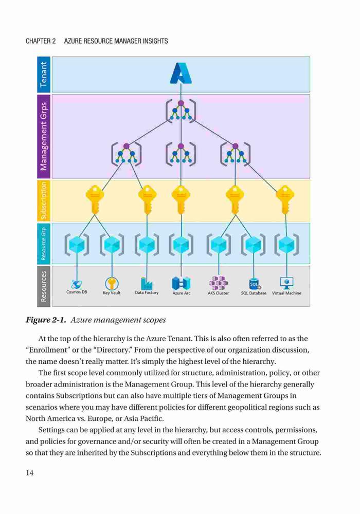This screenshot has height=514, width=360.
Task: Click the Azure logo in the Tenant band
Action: point(181,73)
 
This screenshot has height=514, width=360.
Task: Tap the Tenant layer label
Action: point(43,75)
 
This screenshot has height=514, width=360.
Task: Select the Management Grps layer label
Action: point(43,136)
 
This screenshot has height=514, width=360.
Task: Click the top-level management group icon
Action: point(181,110)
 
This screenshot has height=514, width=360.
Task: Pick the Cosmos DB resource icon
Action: point(77,283)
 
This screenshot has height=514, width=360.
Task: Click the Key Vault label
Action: point(112,293)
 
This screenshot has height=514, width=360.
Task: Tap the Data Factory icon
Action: point(146,283)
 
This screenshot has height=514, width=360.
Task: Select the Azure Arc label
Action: point(182,293)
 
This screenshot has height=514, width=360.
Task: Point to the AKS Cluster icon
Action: point(219,283)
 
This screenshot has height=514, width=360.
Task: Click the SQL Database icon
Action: point(254,284)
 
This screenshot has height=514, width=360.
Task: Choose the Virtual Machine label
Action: point(286,293)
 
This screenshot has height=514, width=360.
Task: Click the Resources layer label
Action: point(43,286)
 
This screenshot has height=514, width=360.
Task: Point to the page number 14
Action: point(29,472)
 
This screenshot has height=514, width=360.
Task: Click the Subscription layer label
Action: point(43,200)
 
